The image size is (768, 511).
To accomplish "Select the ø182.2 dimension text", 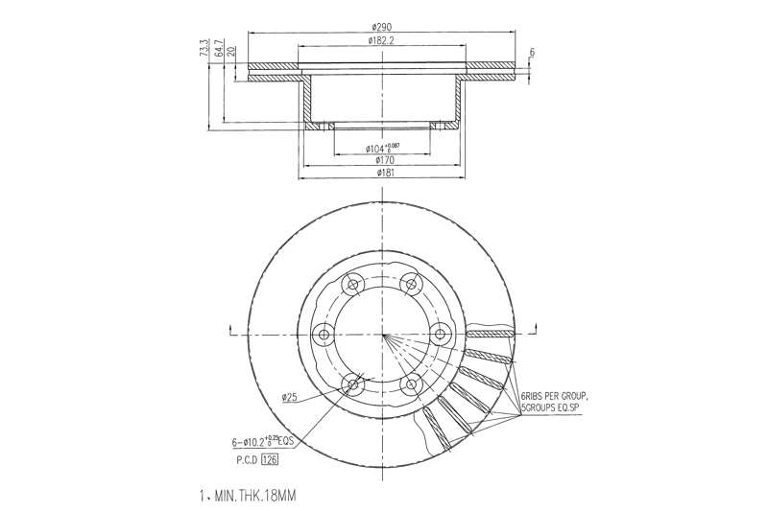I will (383, 40).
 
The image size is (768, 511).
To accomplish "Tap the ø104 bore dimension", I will (381, 149).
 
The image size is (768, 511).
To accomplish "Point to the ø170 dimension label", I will (382, 160).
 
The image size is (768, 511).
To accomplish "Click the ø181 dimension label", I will (382, 173).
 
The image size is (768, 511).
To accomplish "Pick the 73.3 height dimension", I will (204, 49).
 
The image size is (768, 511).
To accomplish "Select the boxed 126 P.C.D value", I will (270, 459).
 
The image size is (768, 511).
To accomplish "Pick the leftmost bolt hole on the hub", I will (323, 334).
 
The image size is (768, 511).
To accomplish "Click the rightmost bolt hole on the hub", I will (442, 334).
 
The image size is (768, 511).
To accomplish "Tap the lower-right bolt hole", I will (412, 385).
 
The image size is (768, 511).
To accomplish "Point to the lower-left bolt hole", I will (352, 385).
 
